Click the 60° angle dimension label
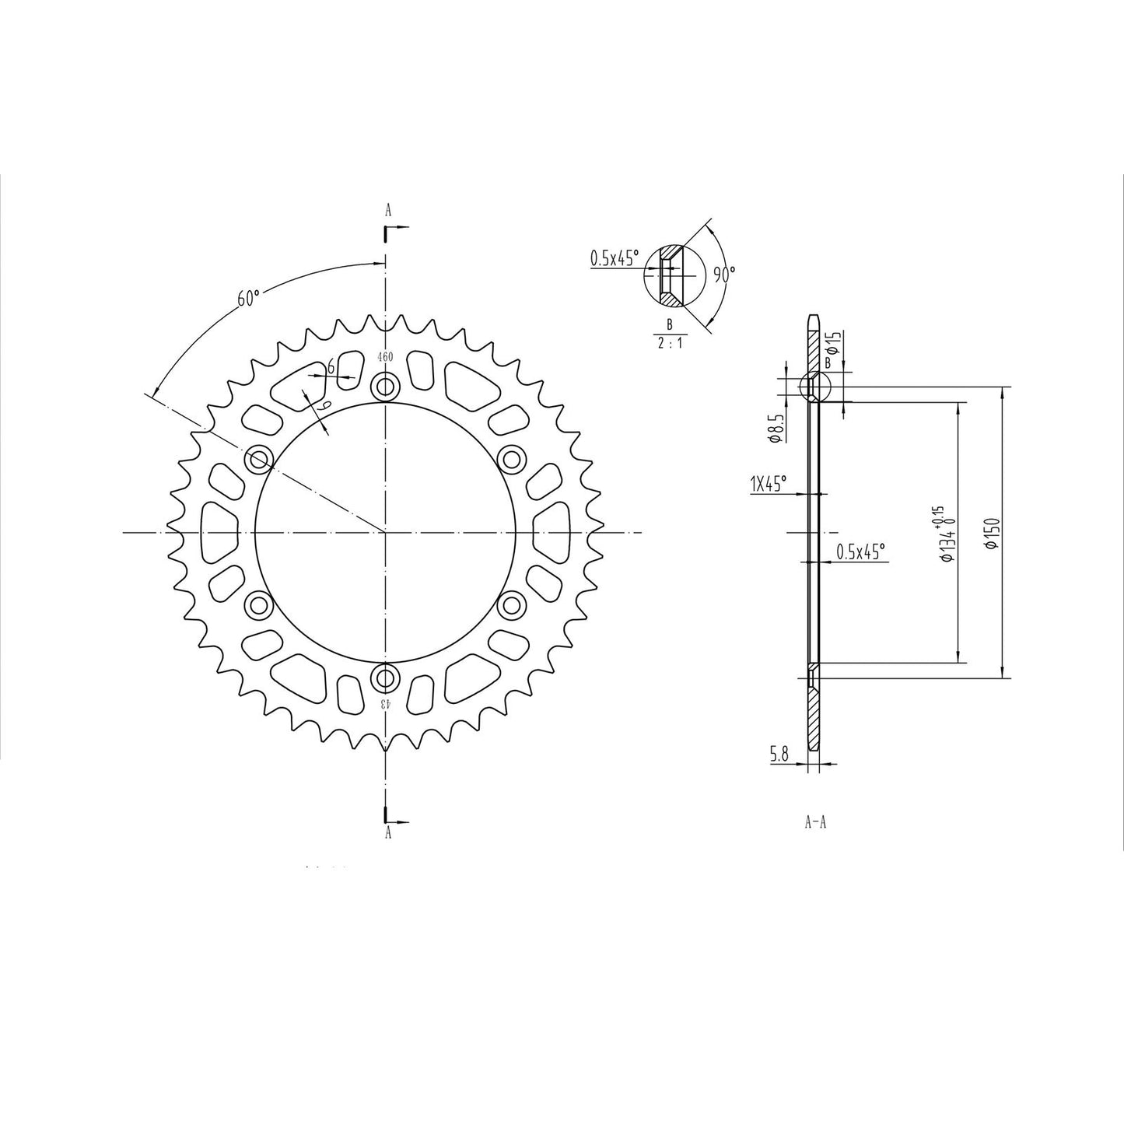coord(248,298)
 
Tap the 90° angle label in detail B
coord(724,274)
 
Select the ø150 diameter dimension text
coord(992,533)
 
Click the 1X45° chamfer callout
coord(768,484)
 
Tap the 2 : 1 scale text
coord(669,343)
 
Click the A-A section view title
coord(815,822)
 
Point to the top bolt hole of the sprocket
coord(385,386)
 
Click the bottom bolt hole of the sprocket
coord(385,678)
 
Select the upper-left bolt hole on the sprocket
coord(258,460)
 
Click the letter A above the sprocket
coord(387,209)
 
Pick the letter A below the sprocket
coord(387,833)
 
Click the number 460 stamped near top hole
coord(385,357)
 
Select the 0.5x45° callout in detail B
coord(615,258)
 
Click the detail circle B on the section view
coord(815,386)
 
